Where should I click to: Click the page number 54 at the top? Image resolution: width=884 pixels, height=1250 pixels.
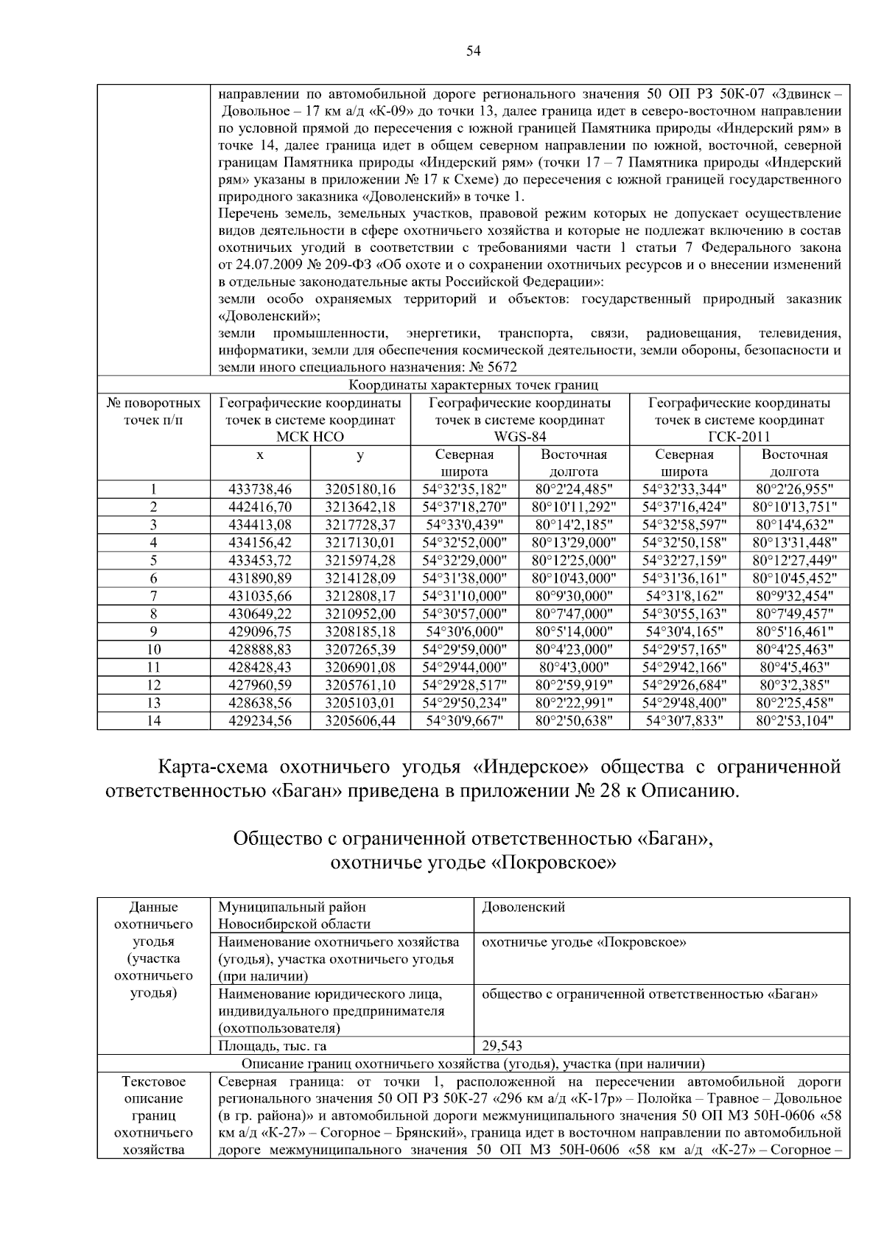point(473,51)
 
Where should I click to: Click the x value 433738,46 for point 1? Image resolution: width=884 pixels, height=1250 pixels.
point(260,490)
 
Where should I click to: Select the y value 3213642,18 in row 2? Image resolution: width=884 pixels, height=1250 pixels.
point(360,508)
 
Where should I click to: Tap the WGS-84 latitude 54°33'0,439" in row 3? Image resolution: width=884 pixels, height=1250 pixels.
point(464,525)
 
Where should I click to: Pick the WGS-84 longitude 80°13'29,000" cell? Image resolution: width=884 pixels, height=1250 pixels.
point(574,543)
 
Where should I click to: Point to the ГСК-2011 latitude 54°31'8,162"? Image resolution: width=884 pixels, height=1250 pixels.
point(684,596)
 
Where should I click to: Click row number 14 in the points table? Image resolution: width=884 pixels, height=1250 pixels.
point(153,721)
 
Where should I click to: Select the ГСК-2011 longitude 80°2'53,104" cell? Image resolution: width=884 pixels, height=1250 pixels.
point(794,721)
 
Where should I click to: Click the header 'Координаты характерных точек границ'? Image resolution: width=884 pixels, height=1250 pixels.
point(473,385)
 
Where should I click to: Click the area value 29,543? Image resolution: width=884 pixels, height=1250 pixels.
point(502,1046)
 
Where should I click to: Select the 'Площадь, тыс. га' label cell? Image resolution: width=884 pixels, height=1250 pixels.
point(272,1046)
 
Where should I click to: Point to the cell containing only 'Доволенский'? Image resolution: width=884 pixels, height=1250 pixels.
point(523,907)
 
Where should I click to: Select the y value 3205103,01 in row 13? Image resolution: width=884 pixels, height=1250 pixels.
point(360,703)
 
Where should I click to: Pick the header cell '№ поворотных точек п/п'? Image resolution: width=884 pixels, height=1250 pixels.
point(153,412)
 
